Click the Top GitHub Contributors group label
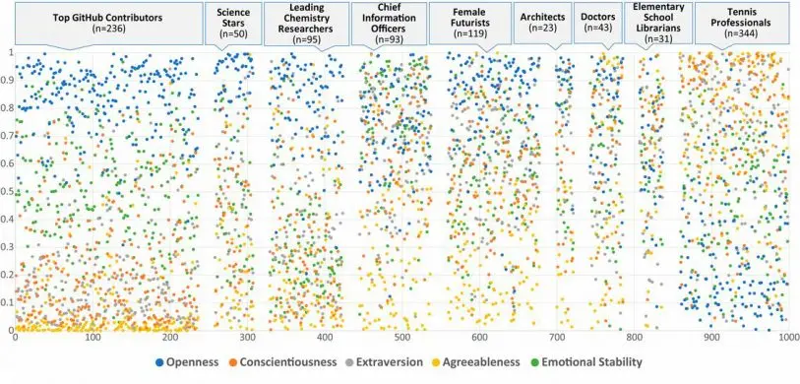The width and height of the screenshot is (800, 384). [x=108, y=23]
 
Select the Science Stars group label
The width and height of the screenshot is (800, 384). [x=231, y=23]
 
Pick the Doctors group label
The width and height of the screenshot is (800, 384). [x=597, y=23]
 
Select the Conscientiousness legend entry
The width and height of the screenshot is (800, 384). [x=290, y=363]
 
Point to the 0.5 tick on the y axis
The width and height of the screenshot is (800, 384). [x=8, y=191]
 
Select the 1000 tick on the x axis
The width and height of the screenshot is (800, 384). [x=786, y=339]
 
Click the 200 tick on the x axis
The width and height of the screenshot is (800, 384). [x=171, y=339]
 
